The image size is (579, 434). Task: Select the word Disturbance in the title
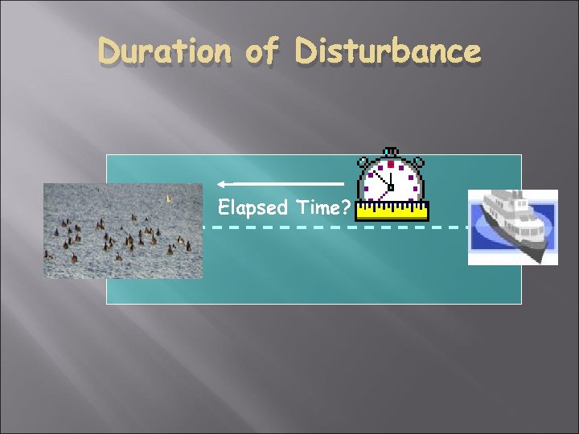pos(388,52)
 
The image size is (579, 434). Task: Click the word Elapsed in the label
pos(253,208)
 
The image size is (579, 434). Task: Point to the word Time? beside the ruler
pos(322,208)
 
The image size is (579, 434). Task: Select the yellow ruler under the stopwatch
pos(392,211)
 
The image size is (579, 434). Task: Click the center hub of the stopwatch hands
pos(391,187)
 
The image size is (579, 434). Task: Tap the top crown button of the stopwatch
pos(391,151)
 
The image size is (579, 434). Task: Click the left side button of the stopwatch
pos(363,161)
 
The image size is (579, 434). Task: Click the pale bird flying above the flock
pos(168,198)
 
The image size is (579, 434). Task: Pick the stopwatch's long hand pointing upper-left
pos(380,177)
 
